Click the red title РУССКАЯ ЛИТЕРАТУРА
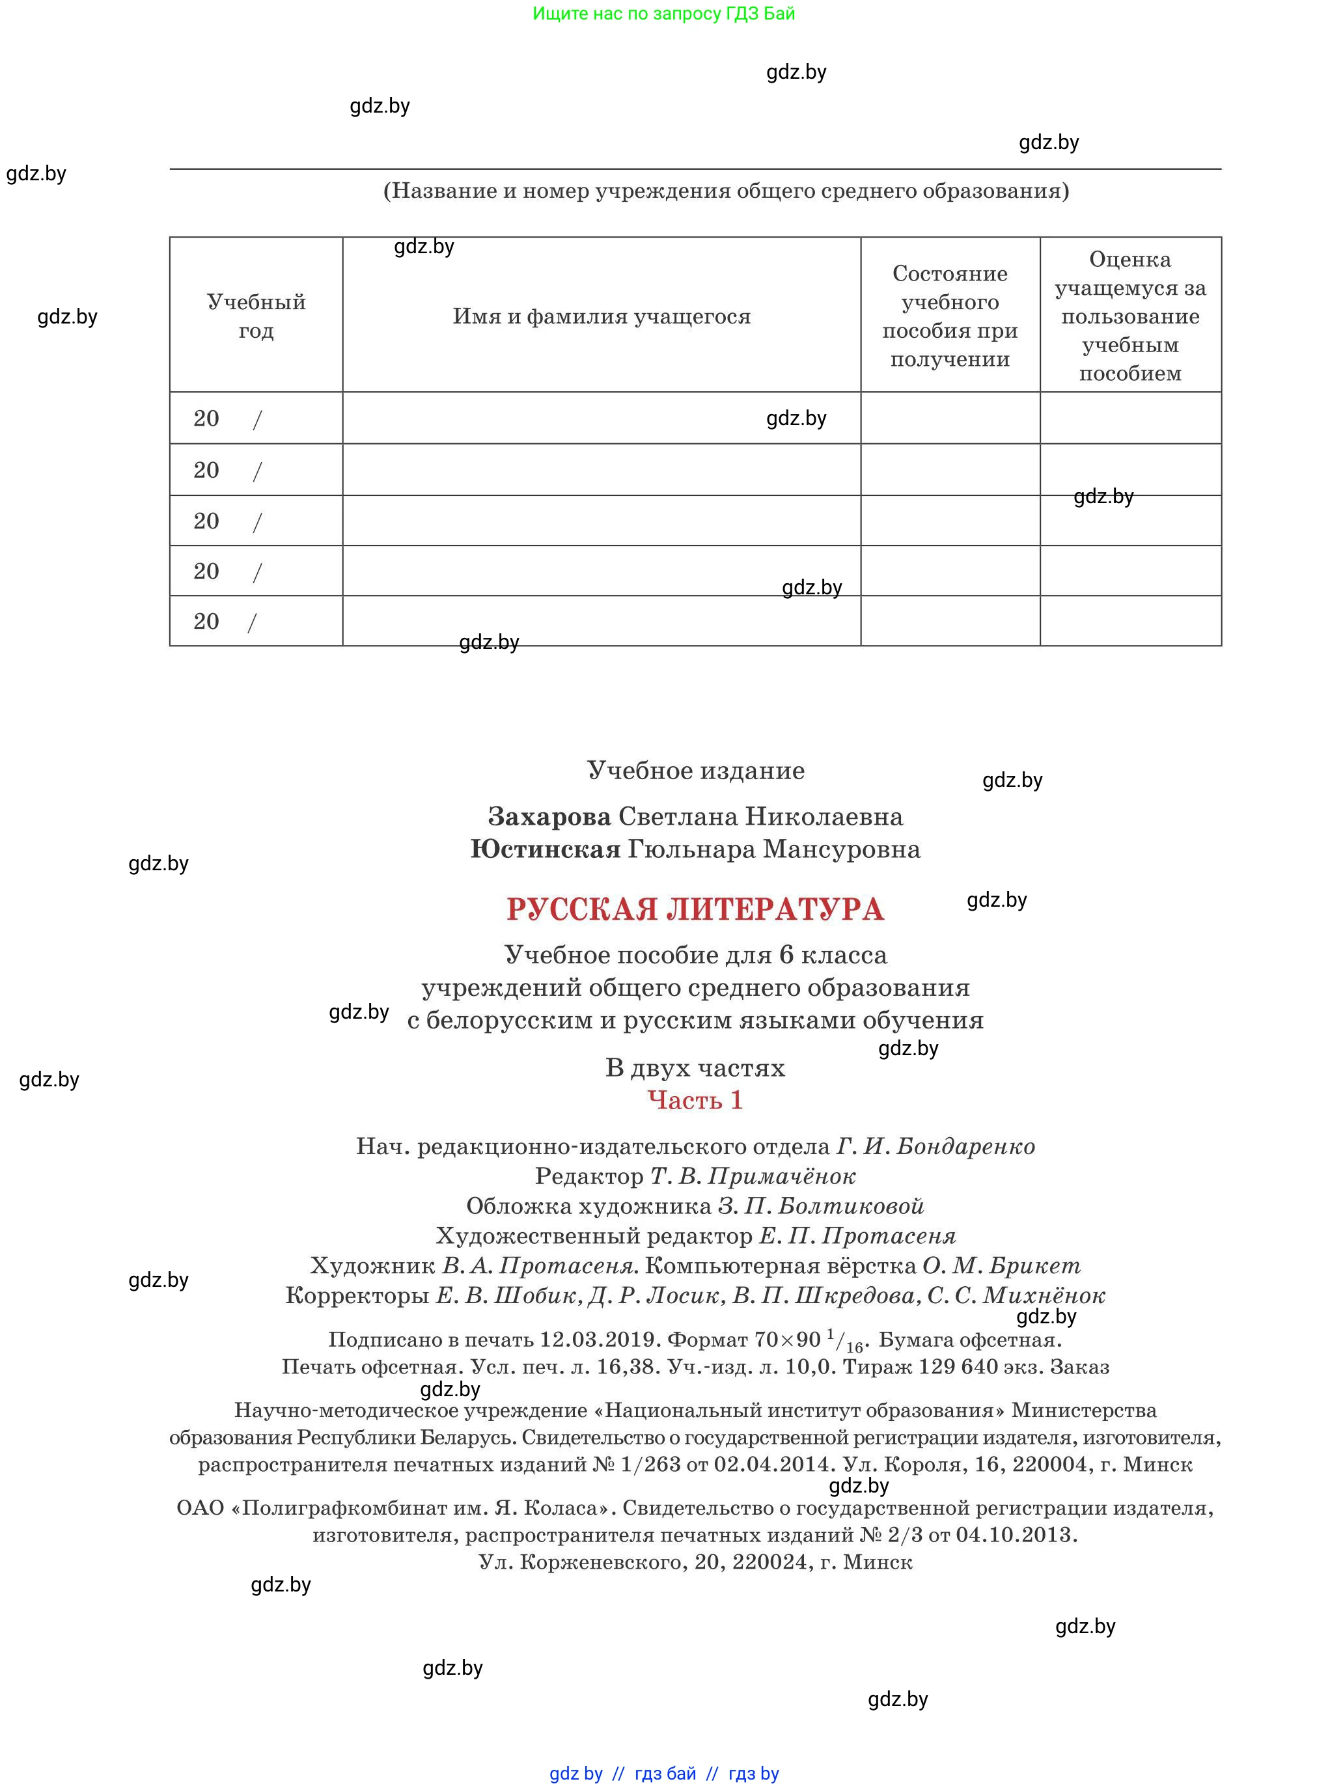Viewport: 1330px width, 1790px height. coord(695,909)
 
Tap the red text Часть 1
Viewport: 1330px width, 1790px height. coord(695,1100)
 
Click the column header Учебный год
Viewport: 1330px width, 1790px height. coord(256,316)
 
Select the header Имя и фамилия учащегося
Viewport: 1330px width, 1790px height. coord(602,316)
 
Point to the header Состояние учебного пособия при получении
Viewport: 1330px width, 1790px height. coord(949,316)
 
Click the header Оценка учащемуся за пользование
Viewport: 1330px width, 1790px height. coord(1129,316)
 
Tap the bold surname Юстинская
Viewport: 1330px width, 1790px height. coord(545,849)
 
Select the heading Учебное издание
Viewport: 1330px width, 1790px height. coord(695,770)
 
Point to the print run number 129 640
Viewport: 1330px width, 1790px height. coord(957,1367)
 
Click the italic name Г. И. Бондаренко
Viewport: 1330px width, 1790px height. coord(935,1146)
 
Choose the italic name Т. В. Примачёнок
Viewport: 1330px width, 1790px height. coord(753,1177)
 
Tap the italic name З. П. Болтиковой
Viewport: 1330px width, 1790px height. coord(820,1207)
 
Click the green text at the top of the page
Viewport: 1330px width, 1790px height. coord(663,14)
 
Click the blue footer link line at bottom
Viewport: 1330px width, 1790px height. coord(664,1773)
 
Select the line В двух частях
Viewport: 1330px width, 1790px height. coord(695,1068)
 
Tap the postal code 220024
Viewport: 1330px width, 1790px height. coord(771,1562)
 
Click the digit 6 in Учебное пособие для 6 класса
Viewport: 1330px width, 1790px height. coord(786,956)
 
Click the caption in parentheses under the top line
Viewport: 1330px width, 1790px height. coord(725,191)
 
